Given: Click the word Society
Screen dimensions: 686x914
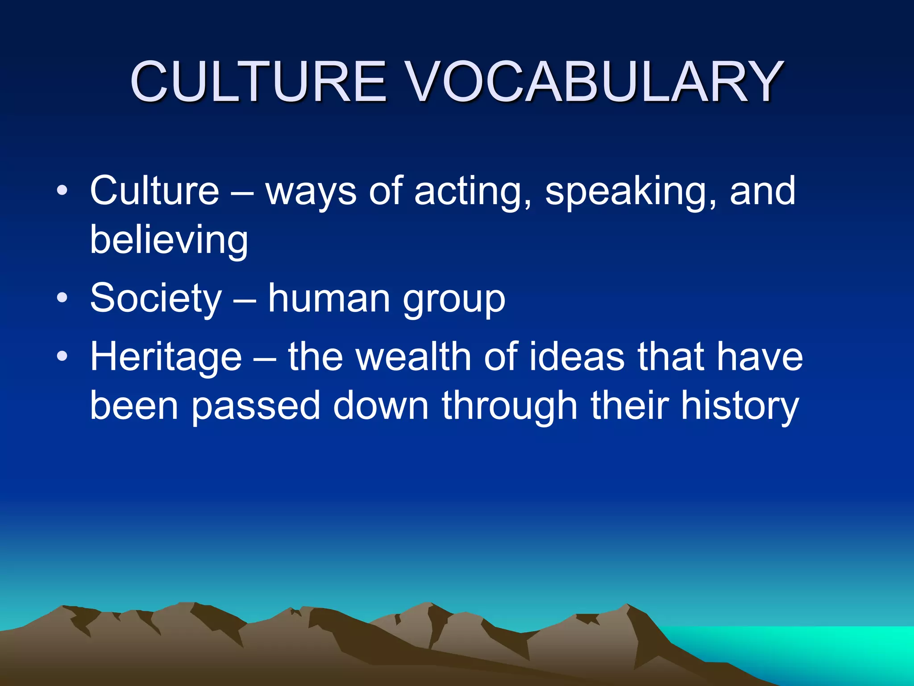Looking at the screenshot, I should (x=156, y=298).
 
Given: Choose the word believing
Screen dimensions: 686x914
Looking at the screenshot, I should (x=169, y=240).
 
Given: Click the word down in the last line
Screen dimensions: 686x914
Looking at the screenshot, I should (x=381, y=406).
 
